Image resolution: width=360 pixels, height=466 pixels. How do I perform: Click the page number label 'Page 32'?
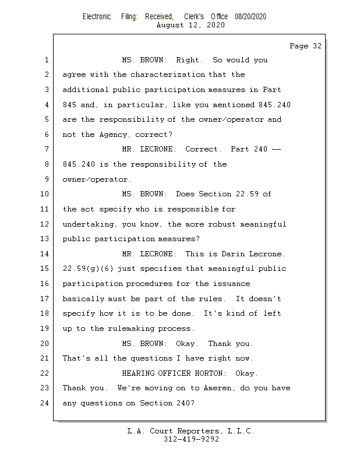point(305,46)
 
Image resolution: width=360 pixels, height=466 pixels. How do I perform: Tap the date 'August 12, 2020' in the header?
point(190,25)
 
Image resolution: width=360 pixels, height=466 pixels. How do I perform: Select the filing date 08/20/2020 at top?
point(250,16)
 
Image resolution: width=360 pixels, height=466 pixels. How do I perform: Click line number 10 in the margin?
point(45,194)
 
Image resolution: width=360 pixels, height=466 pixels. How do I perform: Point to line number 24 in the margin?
point(45,403)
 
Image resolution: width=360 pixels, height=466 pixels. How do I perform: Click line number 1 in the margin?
point(45,60)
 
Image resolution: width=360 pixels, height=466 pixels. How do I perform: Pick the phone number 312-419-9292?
point(191,439)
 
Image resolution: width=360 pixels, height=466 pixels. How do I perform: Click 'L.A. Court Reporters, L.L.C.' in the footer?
point(190,431)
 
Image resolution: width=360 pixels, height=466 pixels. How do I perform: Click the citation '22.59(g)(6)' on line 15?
point(86,269)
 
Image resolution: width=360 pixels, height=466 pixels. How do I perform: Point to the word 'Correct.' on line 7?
point(203,149)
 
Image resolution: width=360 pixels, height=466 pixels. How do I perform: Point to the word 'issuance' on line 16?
point(232,284)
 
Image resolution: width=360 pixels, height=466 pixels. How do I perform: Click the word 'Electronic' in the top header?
point(97,16)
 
